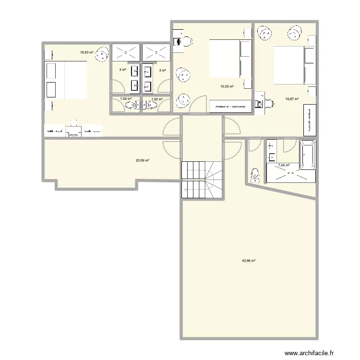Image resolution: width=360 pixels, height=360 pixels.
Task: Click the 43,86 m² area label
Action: (x=248, y=261)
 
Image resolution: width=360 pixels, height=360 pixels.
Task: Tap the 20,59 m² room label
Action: (x=143, y=161)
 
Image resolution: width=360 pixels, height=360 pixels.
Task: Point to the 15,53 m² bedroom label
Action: (x=227, y=86)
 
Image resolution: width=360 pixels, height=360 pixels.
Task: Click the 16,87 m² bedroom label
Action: (x=292, y=99)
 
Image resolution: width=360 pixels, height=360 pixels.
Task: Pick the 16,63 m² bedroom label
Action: (x=87, y=52)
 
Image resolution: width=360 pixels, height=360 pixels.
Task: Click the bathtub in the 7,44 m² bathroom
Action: (x=307, y=154)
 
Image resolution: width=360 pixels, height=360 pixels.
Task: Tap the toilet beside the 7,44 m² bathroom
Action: (x=255, y=175)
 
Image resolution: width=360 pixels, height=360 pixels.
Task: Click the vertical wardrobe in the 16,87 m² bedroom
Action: (x=310, y=119)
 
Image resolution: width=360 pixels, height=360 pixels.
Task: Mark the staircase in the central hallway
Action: (x=202, y=180)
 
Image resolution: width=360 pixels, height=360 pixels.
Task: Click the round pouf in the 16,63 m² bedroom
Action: (x=101, y=55)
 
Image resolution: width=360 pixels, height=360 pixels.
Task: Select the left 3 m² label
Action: (x=122, y=70)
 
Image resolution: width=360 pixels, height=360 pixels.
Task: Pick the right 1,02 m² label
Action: (x=157, y=99)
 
